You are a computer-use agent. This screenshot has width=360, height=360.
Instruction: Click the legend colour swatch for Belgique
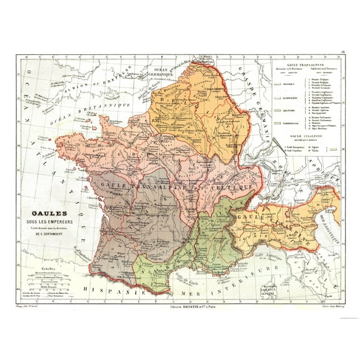(279, 81)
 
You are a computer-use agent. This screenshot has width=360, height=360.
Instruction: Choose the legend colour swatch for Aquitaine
(279, 109)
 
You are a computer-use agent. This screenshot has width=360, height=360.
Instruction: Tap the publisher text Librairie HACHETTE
(181, 307)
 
